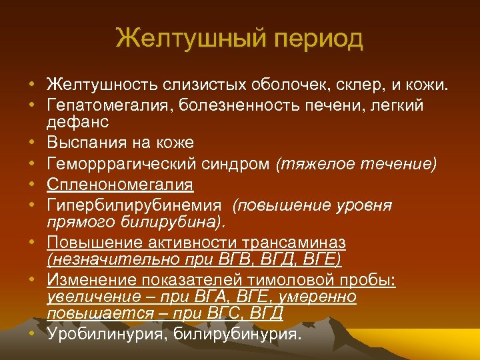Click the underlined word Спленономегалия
click(120, 184)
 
